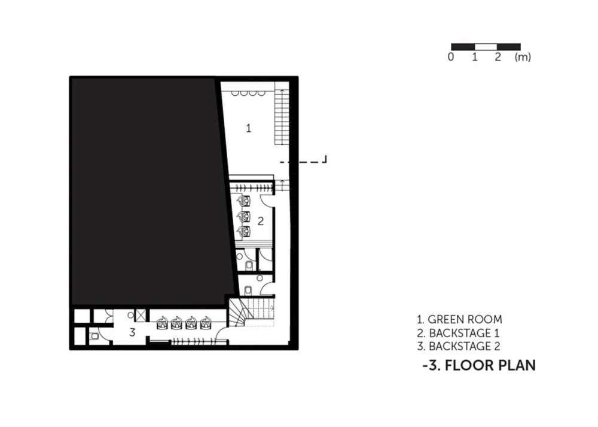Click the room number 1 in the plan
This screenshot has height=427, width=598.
click(x=249, y=128)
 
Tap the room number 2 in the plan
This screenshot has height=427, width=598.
click(x=261, y=221)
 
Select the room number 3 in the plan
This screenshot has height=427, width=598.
click(x=132, y=332)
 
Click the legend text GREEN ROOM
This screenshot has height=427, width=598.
click(x=465, y=319)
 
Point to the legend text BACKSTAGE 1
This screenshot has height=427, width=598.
click(x=464, y=333)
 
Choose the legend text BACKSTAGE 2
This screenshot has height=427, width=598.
click(x=465, y=346)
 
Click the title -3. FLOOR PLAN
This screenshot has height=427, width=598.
click(x=479, y=365)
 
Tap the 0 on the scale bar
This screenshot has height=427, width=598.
click(x=451, y=57)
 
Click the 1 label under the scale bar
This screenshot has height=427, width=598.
click(x=474, y=57)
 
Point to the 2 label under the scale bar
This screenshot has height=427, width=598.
click(x=498, y=57)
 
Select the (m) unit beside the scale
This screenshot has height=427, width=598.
click(x=523, y=57)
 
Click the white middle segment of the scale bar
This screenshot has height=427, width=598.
click(x=486, y=47)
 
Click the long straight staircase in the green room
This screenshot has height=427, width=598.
click(x=282, y=117)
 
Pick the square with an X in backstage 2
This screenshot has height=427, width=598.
click(x=141, y=316)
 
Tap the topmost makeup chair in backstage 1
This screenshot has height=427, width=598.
click(x=244, y=201)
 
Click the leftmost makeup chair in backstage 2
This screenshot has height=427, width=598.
click(x=163, y=323)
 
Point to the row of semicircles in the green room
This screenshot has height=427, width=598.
click(x=248, y=93)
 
